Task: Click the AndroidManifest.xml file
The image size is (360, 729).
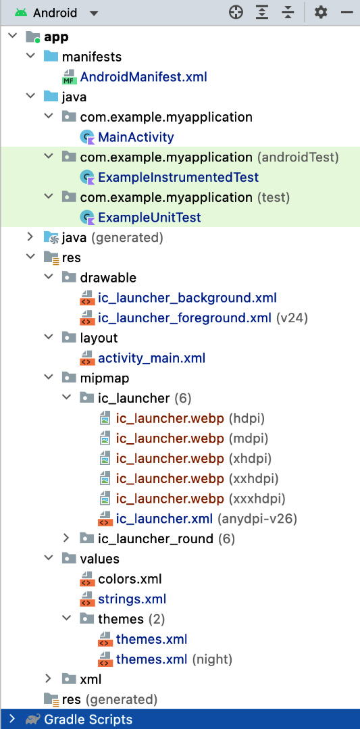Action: click(144, 77)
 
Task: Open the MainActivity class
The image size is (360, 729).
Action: click(136, 137)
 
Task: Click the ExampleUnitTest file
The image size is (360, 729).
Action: click(149, 217)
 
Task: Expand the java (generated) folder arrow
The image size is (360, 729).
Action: click(30, 237)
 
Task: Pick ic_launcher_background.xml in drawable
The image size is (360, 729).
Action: click(188, 298)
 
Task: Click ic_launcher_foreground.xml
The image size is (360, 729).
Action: click(184, 318)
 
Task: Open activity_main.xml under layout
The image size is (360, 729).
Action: click(151, 359)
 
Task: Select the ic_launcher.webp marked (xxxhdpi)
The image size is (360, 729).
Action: click(170, 499)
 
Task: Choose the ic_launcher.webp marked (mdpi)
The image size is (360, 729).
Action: click(170, 438)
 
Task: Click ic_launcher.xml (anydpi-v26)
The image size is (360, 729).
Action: click(164, 519)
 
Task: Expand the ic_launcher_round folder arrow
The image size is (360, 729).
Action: click(66, 538)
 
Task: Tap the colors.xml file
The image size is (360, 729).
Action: click(130, 579)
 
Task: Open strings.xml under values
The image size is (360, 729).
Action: click(132, 599)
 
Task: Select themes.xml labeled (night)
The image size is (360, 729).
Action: click(151, 659)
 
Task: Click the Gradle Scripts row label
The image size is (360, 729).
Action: click(88, 720)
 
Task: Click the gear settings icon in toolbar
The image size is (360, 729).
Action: click(321, 13)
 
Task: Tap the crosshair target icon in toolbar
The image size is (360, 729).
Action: click(236, 13)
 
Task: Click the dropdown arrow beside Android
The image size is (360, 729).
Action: click(94, 13)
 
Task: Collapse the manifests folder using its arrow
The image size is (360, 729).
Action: click(30, 56)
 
